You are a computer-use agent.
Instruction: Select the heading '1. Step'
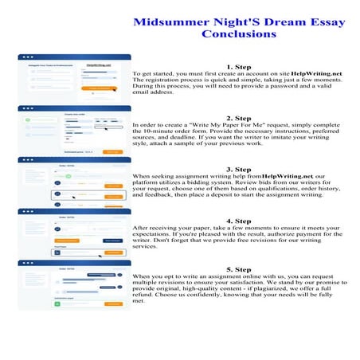click(239, 66)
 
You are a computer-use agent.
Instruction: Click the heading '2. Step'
click(239, 118)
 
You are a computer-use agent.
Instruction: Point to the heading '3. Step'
click(239, 170)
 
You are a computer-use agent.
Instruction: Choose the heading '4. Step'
click(239, 221)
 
